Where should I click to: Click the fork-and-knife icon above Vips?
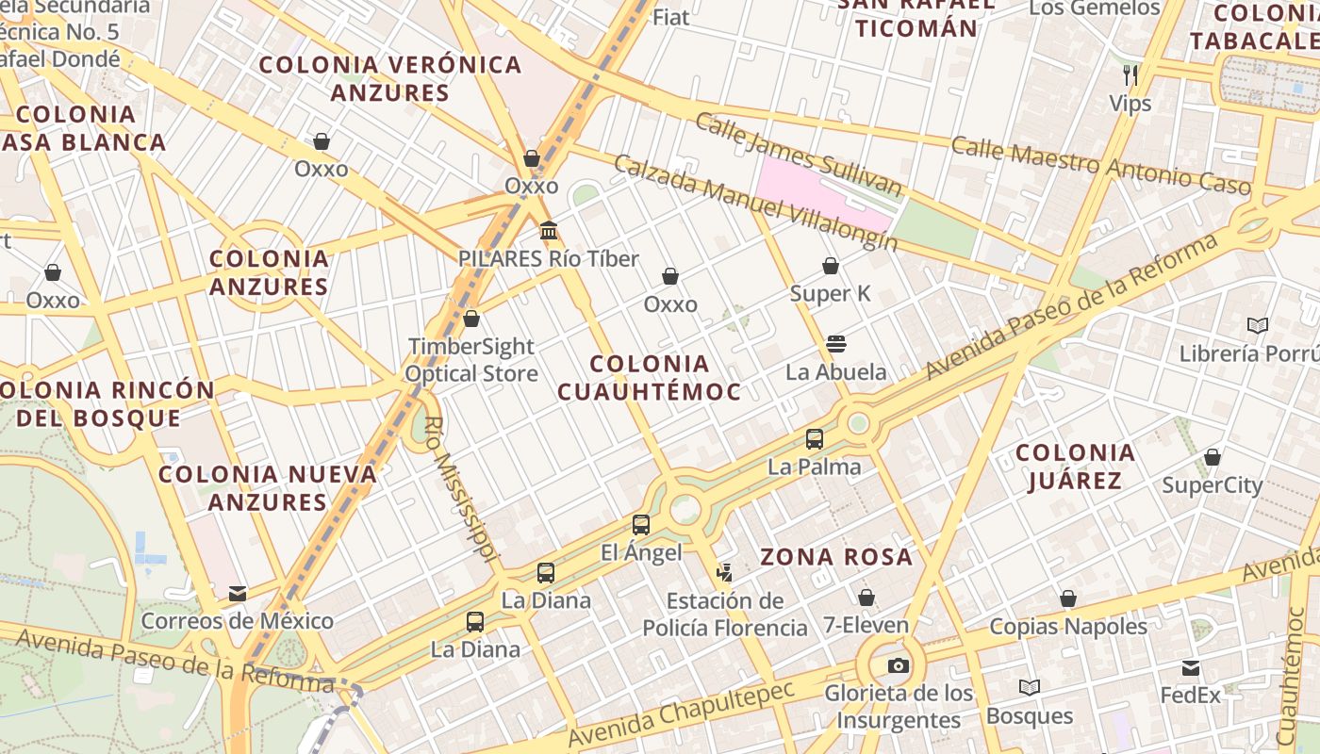[1130, 74]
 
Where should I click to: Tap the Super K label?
[831, 294]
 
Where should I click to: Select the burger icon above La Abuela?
[835, 344]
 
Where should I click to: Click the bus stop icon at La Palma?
[815, 439]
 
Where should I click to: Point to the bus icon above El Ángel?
[641, 525]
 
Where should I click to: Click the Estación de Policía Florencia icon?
[724, 572]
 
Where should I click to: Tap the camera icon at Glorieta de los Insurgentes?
[899, 666]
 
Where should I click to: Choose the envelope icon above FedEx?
[1191, 668]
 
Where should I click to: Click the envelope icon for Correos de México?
[238, 594]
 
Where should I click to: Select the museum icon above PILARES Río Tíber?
[549, 230]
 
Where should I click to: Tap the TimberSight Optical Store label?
[471, 360]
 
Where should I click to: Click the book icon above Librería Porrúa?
[1257, 326]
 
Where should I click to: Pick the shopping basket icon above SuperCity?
[1213, 458]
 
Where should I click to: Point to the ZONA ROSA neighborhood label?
[836, 557]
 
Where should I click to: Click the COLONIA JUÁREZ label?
[1075, 467]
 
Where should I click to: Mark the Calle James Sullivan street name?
[798, 155]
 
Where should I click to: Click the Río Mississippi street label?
[460, 489]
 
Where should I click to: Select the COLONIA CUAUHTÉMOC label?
[649, 377]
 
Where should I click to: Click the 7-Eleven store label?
[866, 625]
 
